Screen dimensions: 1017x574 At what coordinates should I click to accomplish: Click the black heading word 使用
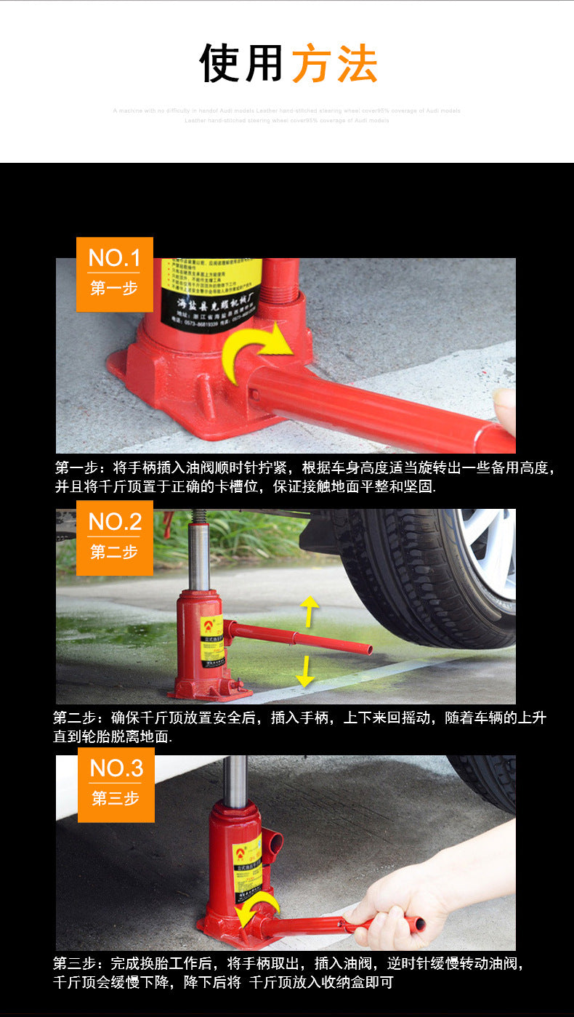[241, 64]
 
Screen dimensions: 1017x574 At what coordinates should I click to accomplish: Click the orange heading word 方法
[334, 64]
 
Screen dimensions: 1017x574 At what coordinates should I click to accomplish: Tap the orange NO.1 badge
[115, 274]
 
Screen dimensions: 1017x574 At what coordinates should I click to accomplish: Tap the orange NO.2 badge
[115, 537]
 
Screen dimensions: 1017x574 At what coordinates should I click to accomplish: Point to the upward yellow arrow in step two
[310, 609]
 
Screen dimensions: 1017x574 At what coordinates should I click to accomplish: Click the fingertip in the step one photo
[505, 403]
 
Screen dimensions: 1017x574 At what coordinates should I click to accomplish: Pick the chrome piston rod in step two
[199, 556]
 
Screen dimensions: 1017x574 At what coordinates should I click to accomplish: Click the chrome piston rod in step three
[235, 781]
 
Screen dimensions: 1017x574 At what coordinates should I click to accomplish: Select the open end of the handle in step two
[368, 649]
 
